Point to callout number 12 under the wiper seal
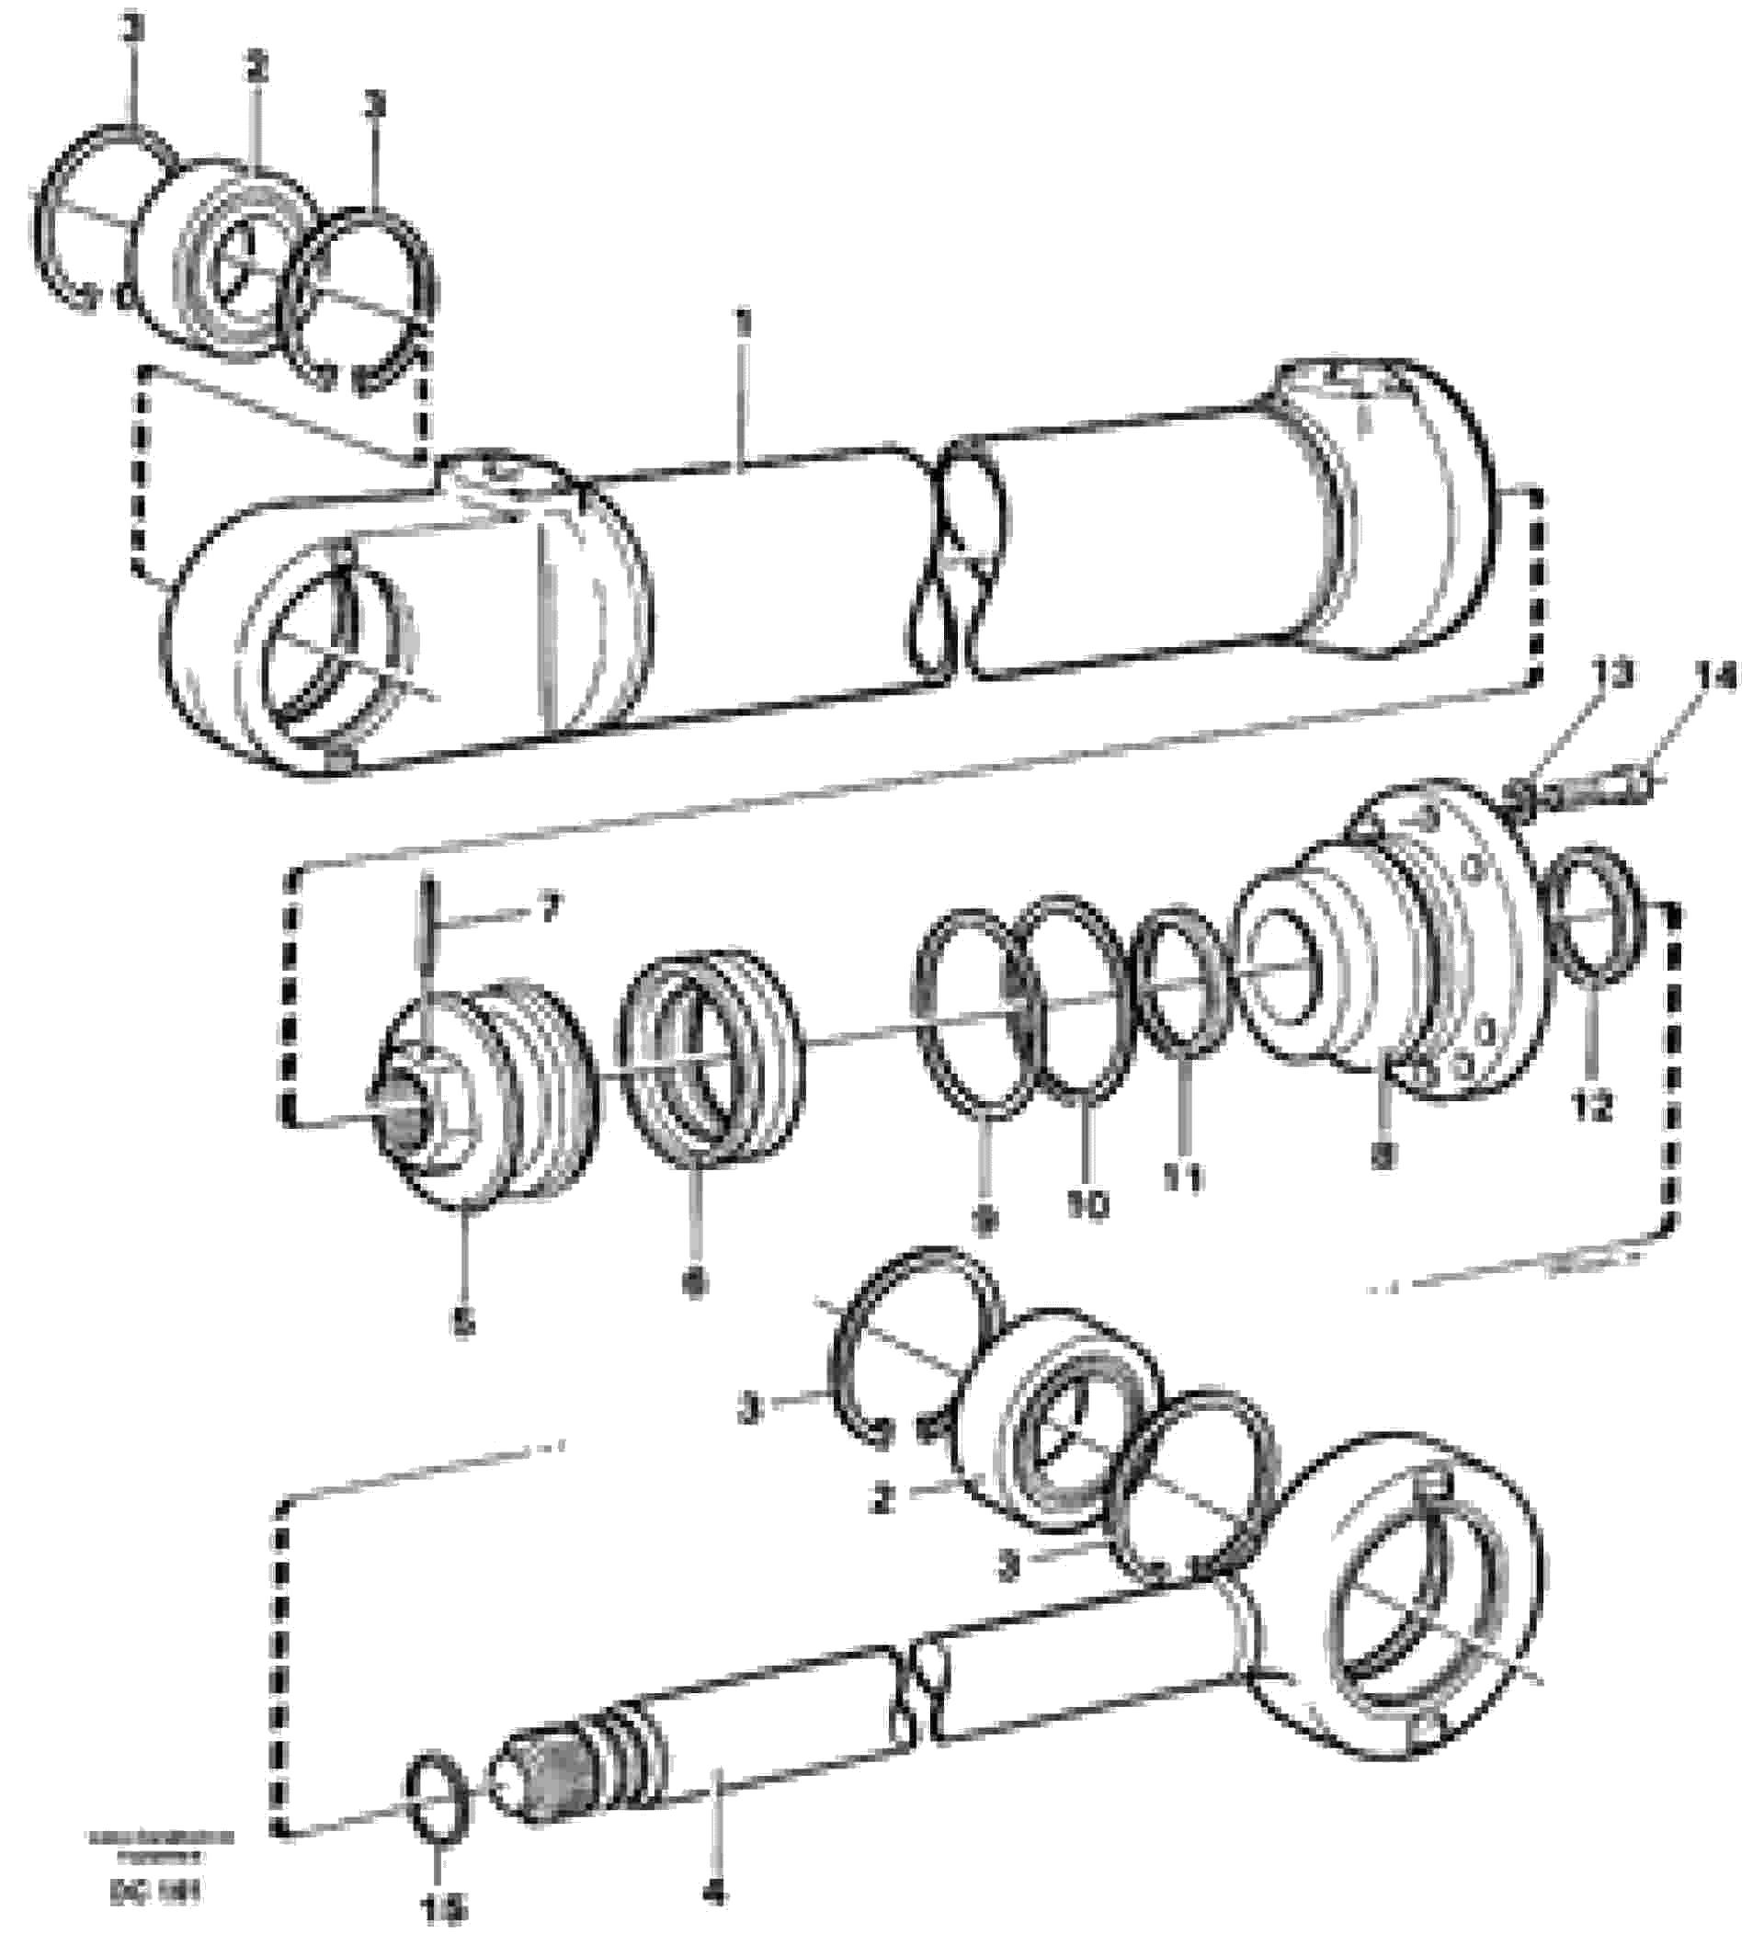pyautogui.click(x=1592, y=1108)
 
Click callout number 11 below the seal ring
pyautogui.click(x=1184, y=1179)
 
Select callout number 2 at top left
pyautogui.click(x=256, y=69)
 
